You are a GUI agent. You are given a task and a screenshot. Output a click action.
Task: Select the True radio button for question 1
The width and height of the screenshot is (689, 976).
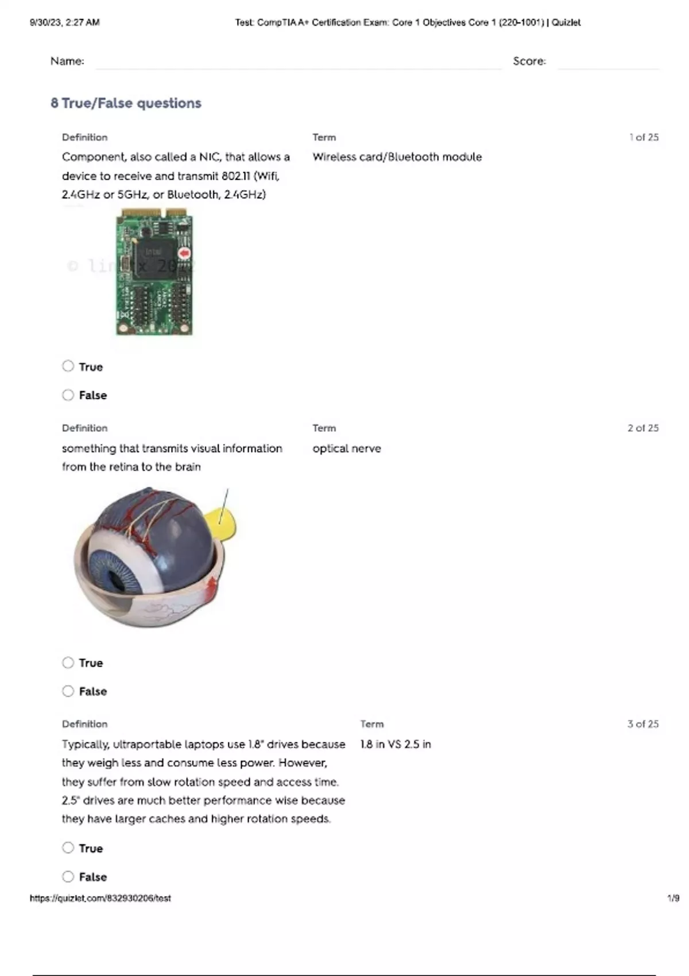coord(68,366)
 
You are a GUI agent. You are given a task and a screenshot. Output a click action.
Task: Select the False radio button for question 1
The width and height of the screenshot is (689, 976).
coord(68,395)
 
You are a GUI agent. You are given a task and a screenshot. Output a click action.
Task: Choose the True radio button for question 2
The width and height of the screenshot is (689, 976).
coord(68,663)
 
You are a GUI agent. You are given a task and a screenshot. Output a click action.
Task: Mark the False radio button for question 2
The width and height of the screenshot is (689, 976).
coord(68,691)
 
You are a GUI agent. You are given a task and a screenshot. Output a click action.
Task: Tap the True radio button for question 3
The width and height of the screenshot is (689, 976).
coord(68,848)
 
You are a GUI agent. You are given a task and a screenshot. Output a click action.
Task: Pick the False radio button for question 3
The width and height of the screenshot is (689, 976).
coord(68,877)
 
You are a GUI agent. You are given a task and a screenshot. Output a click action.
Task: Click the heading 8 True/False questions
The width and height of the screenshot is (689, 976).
coord(126,103)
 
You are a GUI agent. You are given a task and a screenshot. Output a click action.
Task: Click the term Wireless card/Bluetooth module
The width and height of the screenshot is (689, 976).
coord(397,157)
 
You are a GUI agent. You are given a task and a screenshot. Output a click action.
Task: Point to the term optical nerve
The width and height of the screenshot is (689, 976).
coord(346,448)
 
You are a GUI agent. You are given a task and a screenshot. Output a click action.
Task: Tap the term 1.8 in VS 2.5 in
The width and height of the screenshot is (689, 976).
coord(395,744)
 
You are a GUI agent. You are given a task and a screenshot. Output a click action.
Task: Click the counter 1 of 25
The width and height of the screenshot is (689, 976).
coord(644,137)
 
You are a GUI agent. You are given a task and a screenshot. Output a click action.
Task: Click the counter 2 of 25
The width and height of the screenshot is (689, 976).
coord(643,428)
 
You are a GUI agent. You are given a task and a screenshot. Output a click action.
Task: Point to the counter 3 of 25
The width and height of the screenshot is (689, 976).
coord(643,724)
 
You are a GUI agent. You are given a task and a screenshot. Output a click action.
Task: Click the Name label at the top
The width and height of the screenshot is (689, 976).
coord(67,61)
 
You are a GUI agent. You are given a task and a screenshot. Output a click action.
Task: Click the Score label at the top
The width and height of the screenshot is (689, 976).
coord(529,61)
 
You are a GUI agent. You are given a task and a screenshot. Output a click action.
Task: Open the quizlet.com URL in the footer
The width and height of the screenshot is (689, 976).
coord(100,898)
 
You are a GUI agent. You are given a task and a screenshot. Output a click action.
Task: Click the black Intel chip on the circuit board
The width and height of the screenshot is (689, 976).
coord(156,259)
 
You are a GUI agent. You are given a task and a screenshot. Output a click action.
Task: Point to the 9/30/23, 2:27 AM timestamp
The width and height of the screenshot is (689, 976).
coord(64,22)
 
